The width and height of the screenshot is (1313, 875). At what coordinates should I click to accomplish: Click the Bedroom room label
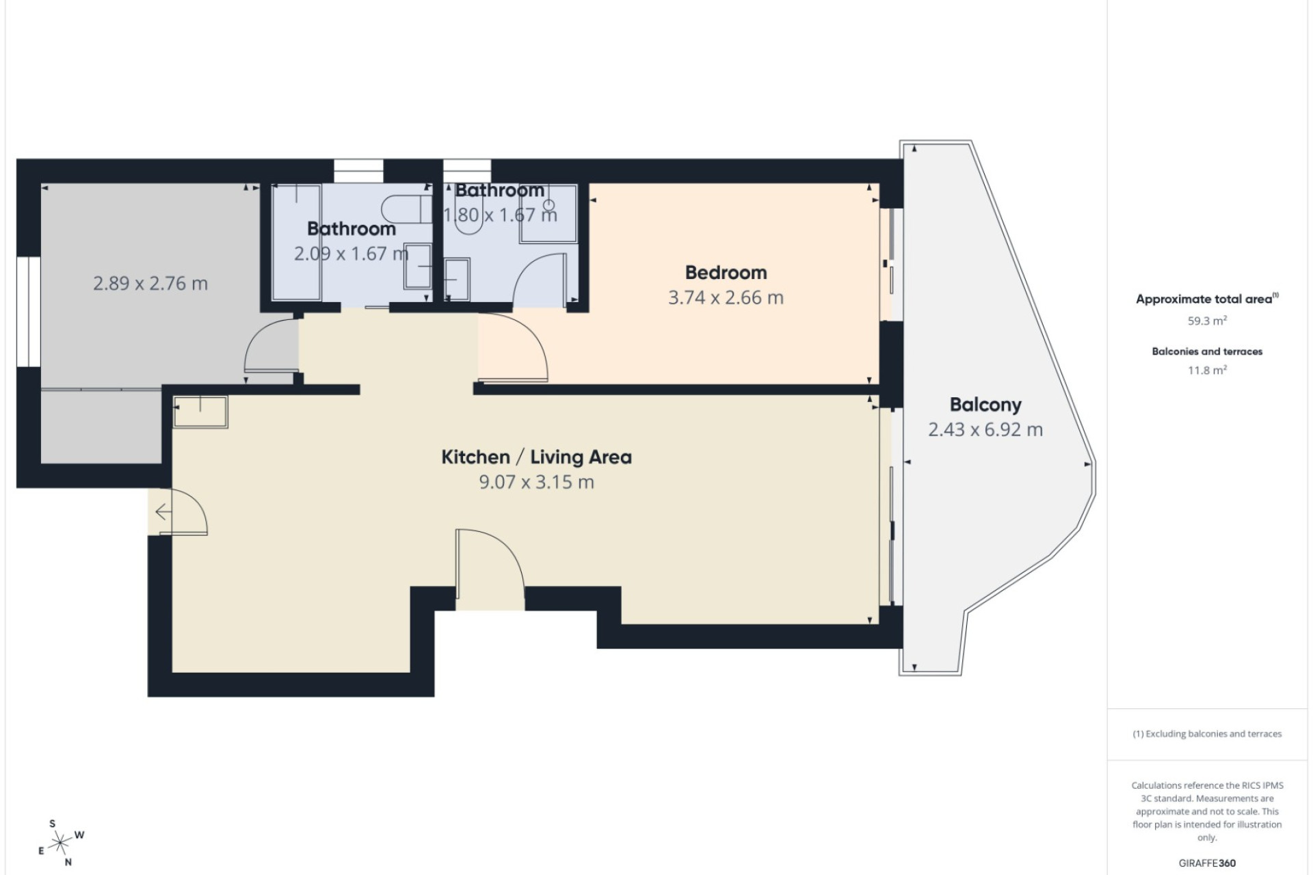coord(726,272)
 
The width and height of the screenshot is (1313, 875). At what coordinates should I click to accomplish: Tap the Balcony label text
coord(985,405)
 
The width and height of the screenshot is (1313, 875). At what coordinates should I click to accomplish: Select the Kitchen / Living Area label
coord(536,457)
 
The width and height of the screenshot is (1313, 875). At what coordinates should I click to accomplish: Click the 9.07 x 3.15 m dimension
coord(536,482)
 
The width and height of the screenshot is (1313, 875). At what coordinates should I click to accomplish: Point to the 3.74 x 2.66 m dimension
coord(726,297)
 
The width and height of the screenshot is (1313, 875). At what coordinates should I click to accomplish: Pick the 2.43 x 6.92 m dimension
coord(985,429)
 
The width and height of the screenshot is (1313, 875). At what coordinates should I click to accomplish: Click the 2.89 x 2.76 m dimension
coord(150,283)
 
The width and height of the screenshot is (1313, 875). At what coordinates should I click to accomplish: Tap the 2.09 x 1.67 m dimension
coord(352,254)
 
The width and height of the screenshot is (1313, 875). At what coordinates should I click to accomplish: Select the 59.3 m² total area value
coord(1207,321)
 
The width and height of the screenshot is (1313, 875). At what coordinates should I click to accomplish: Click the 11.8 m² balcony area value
coord(1207,371)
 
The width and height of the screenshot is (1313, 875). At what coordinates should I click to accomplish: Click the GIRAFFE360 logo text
coord(1207,863)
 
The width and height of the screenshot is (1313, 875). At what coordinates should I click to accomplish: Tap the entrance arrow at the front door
coord(163,511)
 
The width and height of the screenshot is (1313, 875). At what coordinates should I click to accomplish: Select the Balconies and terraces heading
coord(1207,351)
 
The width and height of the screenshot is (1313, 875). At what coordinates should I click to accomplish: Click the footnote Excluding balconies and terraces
coord(1207,734)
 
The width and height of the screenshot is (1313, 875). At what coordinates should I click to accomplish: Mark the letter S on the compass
coord(53,824)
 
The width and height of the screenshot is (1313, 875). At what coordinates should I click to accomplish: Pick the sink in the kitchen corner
coord(200,412)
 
